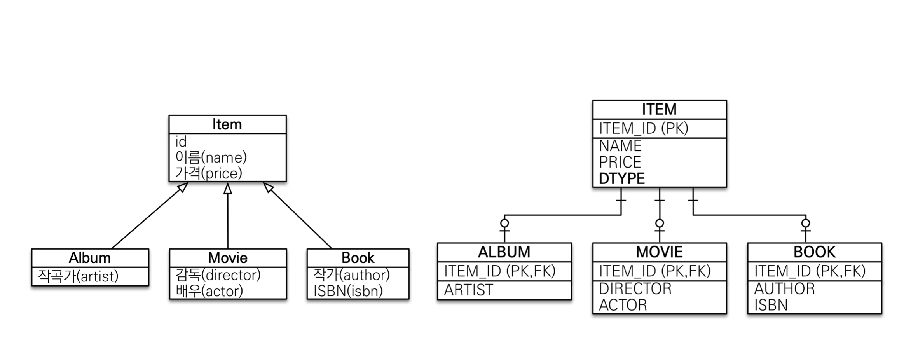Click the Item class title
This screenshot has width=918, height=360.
[227, 124]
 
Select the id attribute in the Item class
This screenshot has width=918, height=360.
[181, 142]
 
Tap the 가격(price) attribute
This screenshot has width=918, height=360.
[209, 173]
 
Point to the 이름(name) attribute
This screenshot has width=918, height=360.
[211, 157]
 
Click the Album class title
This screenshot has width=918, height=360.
[90, 258]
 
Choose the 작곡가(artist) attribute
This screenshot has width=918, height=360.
[78, 276]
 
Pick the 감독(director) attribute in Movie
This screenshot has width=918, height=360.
[218, 275]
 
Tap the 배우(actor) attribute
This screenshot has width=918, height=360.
[209, 291]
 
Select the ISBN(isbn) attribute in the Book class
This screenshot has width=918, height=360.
[348, 291]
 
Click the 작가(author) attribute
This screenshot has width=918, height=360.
[351, 275]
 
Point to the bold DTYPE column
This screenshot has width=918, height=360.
[622, 178]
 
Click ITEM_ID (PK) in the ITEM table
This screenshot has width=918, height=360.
[644, 128]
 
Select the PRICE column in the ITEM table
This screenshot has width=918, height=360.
[620, 162]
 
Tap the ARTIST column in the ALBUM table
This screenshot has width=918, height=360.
[468, 290]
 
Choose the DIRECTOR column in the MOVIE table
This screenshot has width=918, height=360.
[635, 288]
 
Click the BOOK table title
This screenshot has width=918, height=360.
[814, 252]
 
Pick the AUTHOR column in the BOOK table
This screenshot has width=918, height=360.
[784, 288]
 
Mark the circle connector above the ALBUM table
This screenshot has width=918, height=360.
[504, 223]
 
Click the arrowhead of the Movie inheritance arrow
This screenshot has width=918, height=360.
[228, 189]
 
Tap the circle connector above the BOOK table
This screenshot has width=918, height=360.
[806, 223]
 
